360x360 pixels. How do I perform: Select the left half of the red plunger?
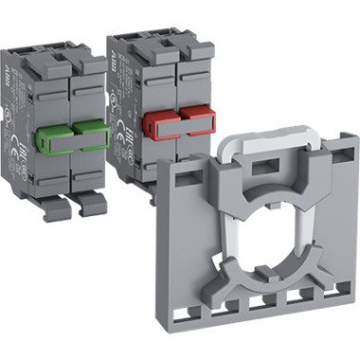tap(157, 120)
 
